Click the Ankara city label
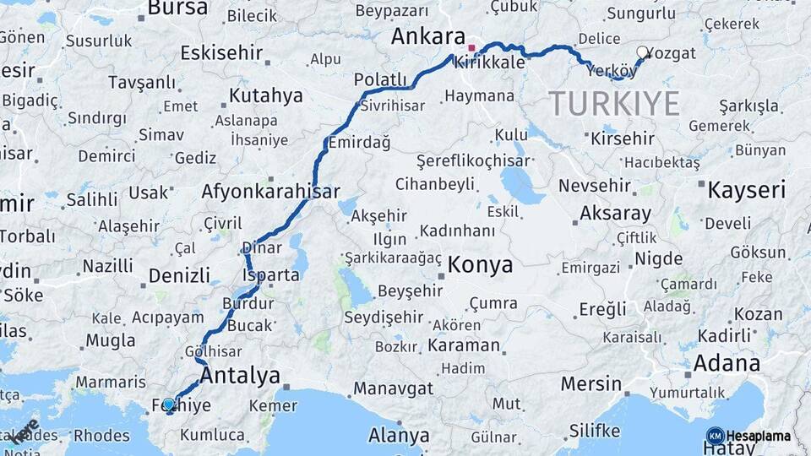[427, 37]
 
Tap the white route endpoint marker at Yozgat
[643, 52]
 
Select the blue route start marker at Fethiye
[169, 404]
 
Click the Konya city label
[480, 265]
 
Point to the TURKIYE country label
[614, 104]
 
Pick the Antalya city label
[240, 375]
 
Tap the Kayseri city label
[746, 189]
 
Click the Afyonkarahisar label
[270, 192]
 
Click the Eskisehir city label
[221, 52]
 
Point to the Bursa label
[177, 8]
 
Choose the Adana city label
[726, 363]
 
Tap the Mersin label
[591, 383]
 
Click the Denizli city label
[179, 275]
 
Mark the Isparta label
[270, 275]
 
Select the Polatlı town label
[380, 79]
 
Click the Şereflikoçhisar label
[473, 160]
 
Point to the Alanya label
[399, 436]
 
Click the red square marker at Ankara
[471, 48]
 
